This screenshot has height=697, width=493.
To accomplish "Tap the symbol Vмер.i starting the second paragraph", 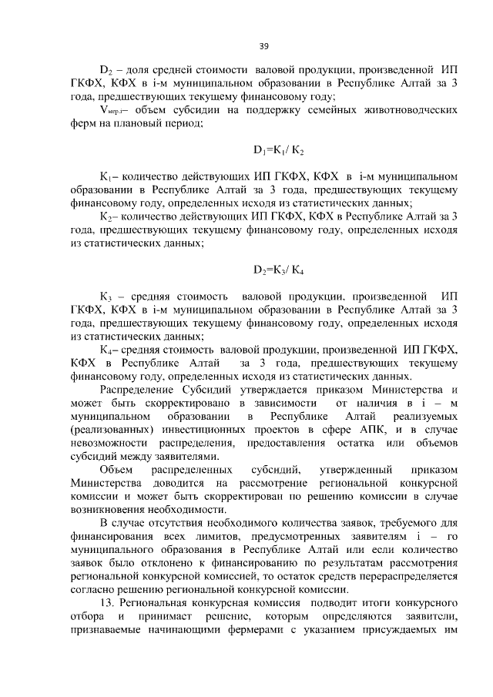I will pyautogui.click(x=111, y=110).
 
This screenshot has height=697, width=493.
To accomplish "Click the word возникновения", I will pyautogui.click(x=112, y=510).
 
